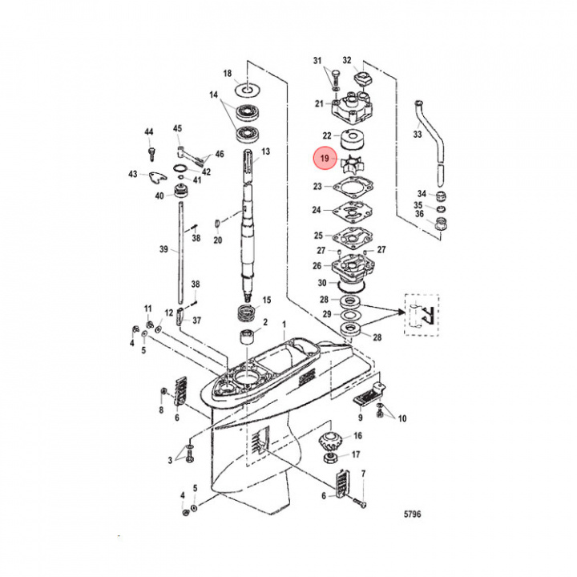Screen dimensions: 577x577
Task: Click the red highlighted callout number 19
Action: (324, 159)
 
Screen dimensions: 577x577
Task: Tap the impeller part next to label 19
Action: (350, 162)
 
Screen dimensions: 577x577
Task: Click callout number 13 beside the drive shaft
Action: (265, 151)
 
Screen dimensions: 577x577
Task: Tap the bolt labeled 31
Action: (331, 79)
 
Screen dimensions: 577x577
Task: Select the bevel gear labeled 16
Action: (329, 439)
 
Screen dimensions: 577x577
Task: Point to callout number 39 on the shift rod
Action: (163, 250)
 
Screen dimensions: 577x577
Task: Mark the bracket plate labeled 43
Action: (157, 176)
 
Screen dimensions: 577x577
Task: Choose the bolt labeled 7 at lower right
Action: (358, 501)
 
